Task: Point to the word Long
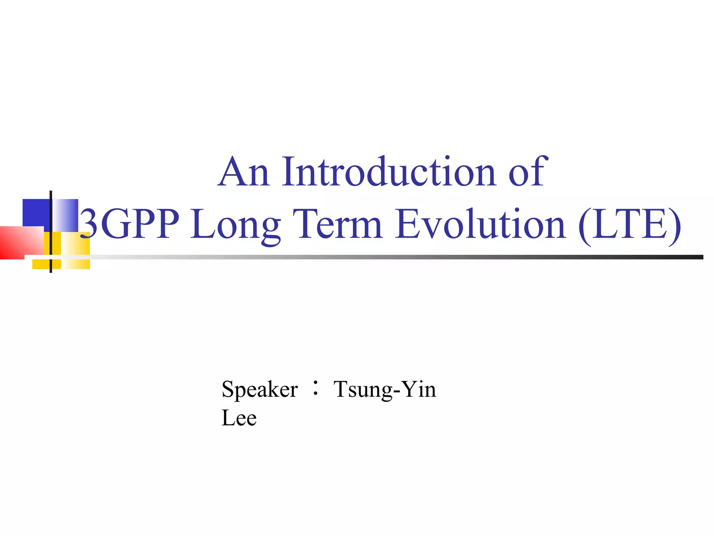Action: tap(236, 225)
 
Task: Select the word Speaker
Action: tap(260, 390)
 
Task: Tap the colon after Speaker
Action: tap(316, 388)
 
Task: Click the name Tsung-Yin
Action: tap(385, 390)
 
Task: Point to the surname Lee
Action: tap(239, 418)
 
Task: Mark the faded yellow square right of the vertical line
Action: tap(76, 251)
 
